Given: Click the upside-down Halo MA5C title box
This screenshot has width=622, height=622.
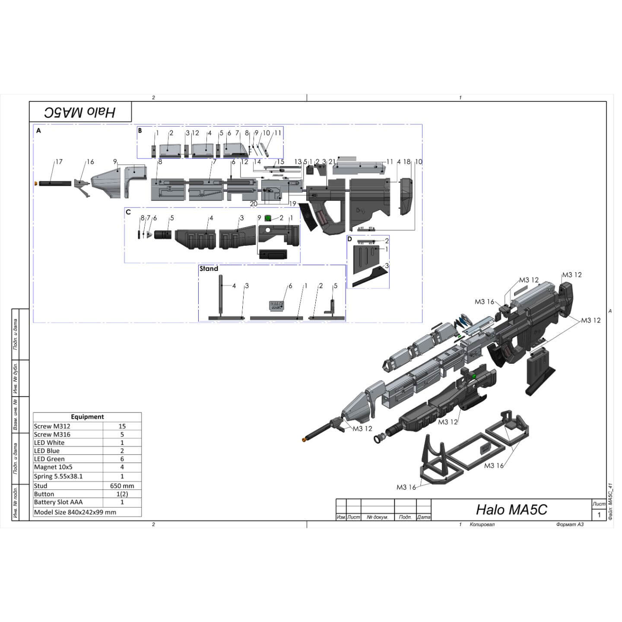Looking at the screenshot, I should click(80, 112).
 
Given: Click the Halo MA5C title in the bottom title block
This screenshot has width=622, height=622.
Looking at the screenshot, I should click(511, 510).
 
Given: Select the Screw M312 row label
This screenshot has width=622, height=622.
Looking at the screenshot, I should click(52, 426).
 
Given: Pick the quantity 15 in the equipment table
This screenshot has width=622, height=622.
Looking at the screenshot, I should click(122, 426).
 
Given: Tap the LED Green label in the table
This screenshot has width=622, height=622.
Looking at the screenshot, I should click(49, 459).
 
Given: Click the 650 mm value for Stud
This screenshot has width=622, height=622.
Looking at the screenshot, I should click(122, 486).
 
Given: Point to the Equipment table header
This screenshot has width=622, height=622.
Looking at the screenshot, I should click(87, 417).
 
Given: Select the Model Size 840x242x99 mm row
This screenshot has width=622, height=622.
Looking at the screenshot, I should click(75, 512).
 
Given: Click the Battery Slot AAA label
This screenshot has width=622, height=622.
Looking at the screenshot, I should click(58, 502).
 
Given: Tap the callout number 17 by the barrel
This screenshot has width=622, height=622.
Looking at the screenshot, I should click(59, 162).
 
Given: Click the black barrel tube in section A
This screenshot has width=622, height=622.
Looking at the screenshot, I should click(54, 183).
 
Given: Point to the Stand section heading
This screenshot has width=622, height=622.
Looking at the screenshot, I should click(209, 269).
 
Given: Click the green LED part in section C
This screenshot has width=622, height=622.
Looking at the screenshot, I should click(268, 218).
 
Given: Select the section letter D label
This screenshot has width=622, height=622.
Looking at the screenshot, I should click(350, 239).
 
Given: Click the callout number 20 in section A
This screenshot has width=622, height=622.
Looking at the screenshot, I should click(254, 203).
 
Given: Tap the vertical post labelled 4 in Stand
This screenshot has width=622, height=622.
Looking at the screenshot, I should click(220, 295).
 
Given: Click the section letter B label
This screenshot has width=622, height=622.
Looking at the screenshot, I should click(140, 130).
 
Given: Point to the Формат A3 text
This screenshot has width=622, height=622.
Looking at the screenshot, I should click(570, 524).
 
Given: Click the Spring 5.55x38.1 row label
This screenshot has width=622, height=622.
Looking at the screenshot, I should click(58, 476).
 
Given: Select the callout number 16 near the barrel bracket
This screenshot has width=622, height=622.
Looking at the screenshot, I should click(90, 162).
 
